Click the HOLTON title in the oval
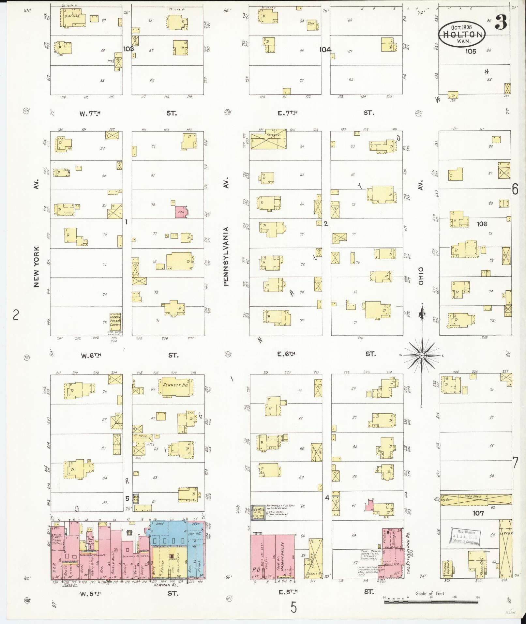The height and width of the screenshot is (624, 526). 462,35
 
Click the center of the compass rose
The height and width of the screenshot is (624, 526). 422,355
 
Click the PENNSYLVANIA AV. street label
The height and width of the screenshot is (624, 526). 226,257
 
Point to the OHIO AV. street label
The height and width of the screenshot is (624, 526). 421,276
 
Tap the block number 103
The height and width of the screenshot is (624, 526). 128,49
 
